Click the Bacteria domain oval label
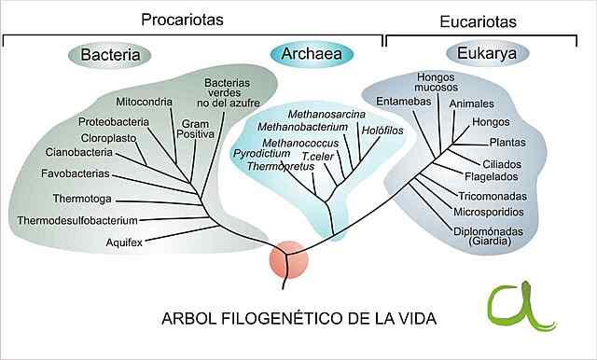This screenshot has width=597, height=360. click(x=110, y=55)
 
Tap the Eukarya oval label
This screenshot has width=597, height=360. click(x=487, y=54)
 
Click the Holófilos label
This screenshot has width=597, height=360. click(x=382, y=131)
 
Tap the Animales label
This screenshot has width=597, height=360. click(x=471, y=103)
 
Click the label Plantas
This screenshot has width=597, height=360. click(x=508, y=143)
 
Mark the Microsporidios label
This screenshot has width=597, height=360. click(x=493, y=212)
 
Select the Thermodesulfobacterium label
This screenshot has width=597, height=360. click(x=77, y=220)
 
